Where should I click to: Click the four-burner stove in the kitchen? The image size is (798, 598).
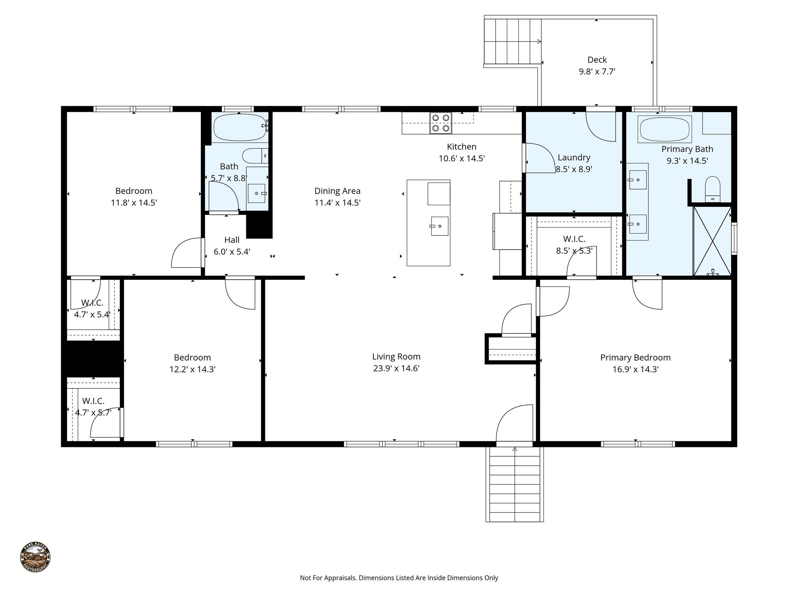click(x=441, y=123)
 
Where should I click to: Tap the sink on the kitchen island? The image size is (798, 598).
click(x=440, y=226)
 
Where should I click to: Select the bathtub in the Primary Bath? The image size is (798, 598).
click(x=664, y=129)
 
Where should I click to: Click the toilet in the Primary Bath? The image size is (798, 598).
click(x=713, y=189)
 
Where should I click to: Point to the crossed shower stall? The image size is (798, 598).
click(x=712, y=241)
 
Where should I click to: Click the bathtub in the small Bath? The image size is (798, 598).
click(x=239, y=128)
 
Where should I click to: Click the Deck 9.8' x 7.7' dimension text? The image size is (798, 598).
click(x=597, y=72)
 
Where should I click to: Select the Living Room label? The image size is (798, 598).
click(x=396, y=356)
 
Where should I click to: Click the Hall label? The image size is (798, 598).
click(x=232, y=240)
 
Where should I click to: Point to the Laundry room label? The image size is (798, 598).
click(x=574, y=157)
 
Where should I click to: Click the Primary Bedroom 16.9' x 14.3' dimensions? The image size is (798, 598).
click(x=635, y=369)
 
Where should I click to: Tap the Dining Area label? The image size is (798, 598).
click(x=337, y=191)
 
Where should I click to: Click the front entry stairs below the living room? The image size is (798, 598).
click(x=514, y=485)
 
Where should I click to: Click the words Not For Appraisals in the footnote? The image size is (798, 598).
click(x=328, y=578)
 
